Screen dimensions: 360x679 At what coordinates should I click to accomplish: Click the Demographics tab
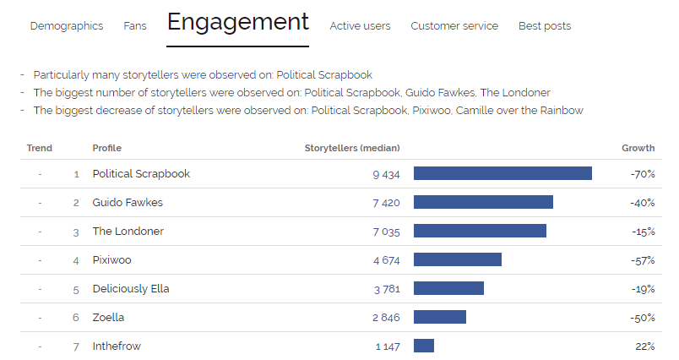tap(67, 26)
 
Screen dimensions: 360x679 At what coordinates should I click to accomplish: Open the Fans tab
tap(135, 26)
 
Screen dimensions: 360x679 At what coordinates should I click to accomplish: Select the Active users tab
tap(360, 26)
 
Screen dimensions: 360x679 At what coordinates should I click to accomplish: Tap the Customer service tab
tap(454, 26)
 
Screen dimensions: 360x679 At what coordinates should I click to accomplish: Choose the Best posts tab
tap(545, 26)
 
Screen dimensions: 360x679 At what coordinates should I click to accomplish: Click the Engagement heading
tap(238, 22)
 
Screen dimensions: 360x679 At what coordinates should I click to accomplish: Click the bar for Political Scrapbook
tap(502, 173)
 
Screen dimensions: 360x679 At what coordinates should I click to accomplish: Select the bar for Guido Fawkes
tap(483, 202)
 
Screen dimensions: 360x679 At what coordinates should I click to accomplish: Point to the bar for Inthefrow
tap(424, 346)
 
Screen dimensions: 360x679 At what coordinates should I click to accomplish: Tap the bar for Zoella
tap(440, 317)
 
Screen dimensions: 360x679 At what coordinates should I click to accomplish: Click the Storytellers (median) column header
tap(352, 148)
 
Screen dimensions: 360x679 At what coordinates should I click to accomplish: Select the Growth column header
tap(638, 148)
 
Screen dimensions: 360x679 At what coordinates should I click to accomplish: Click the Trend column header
tap(40, 148)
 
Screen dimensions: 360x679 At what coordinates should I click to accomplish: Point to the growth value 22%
tap(645, 346)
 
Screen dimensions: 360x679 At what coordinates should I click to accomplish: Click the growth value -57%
tap(643, 260)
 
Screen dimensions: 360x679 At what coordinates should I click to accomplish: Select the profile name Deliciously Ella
tap(131, 289)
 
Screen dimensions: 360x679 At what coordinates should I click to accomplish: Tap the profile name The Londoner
tap(128, 232)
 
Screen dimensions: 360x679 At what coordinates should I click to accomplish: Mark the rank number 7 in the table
tap(76, 346)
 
